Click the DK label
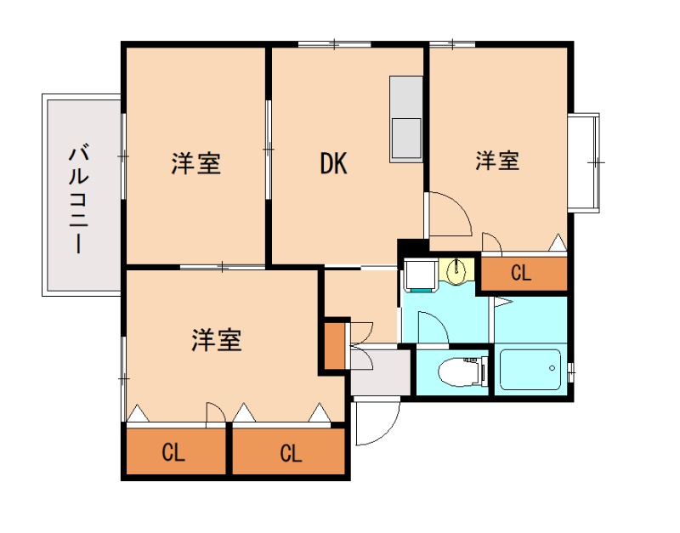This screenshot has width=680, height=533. coord(334,163)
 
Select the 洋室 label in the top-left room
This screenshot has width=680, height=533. coord(196,163)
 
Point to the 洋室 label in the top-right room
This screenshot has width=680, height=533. coord(497,160)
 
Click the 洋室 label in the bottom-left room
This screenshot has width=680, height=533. coord(216,340)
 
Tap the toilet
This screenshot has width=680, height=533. coord(459,371)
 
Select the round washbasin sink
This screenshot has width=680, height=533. coord(456,272)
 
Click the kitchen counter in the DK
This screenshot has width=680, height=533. coord(406,119)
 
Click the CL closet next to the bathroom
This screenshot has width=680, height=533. coord(522,274)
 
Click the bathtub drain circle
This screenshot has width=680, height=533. coord(552,369)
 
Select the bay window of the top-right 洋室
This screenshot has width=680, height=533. coord(585,161)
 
